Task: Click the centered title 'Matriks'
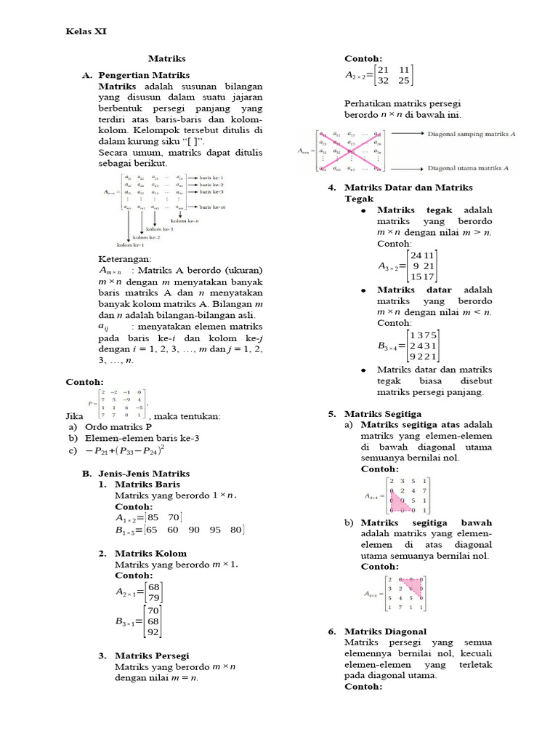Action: tap(167, 58)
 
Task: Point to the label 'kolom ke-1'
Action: tap(131, 246)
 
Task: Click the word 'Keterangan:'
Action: tap(124, 259)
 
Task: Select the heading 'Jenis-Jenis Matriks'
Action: tap(144, 474)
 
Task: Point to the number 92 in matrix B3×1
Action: tap(153, 632)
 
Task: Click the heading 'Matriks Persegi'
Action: tap(152, 656)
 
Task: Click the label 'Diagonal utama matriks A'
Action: tap(469, 168)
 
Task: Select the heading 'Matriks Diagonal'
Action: tap(385, 632)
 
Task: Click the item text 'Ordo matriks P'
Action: tap(118, 427)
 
